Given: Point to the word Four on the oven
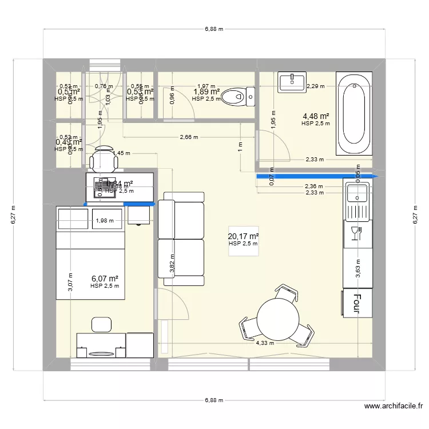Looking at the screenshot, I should [x=357, y=304].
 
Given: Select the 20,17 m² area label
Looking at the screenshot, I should [x=243, y=236].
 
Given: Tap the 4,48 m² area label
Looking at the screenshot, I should [x=316, y=115].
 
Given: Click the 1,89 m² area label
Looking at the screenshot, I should [x=206, y=92].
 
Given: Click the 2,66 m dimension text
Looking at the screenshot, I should [x=189, y=137].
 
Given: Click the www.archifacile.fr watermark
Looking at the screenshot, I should [x=394, y=407].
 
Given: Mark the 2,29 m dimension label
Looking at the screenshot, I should [x=315, y=87].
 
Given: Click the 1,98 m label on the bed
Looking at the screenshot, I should [x=105, y=221].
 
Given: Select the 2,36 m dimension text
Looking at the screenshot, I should [x=313, y=186].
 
